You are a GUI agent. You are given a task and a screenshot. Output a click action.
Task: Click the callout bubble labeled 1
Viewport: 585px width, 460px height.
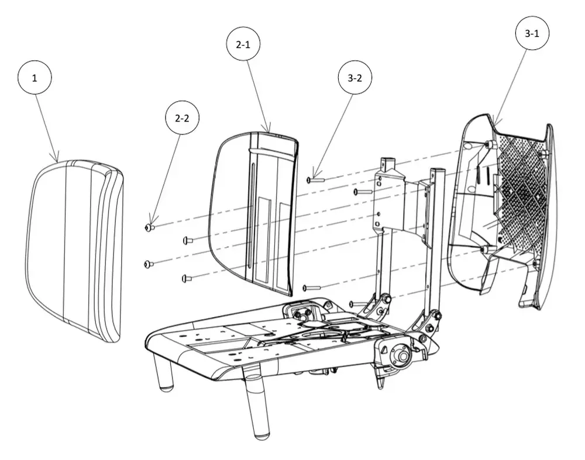(x=35, y=78)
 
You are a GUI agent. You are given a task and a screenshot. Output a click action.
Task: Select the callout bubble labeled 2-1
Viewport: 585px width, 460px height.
(x=243, y=44)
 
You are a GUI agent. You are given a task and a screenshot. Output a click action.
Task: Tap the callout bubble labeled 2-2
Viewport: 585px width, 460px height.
(x=182, y=118)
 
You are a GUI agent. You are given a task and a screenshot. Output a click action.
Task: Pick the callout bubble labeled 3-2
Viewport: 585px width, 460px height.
(x=355, y=78)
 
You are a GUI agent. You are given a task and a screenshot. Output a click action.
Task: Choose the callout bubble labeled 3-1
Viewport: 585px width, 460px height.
(x=532, y=33)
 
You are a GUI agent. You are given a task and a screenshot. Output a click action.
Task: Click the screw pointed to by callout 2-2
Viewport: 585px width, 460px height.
(x=150, y=227)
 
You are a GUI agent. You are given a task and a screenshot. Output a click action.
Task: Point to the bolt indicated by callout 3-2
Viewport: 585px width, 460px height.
(x=316, y=180)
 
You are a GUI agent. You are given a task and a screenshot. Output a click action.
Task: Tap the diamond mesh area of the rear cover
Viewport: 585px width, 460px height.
(x=521, y=186)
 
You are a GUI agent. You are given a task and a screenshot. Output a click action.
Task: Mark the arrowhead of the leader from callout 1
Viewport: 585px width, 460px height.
(x=57, y=160)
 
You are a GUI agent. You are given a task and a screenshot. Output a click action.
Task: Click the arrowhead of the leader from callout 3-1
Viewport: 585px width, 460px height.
(x=494, y=123)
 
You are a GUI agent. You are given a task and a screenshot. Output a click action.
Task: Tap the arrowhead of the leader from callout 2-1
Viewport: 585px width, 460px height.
(x=269, y=130)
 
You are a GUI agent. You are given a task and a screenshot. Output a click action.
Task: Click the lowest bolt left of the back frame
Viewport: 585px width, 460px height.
(x=357, y=304)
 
